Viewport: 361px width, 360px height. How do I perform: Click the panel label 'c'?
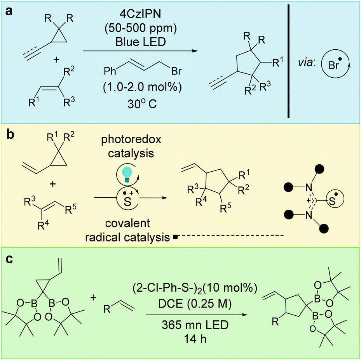pos(9,259)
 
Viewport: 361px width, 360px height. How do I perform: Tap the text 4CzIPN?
pos(140,14)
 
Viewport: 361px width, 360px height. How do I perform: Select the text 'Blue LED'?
pos(140,42)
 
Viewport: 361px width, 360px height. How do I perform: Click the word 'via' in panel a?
pos(306,63)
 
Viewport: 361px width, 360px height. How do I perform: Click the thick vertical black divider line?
pos(288,61)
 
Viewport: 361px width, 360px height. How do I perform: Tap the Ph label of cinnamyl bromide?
pos(110,71)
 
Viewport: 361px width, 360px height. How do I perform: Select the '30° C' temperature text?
pos(142,104)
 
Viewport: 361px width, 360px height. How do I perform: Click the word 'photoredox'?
pos(131,140)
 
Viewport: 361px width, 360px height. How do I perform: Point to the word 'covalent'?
pos(127,223)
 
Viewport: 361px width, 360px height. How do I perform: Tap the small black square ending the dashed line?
pos(175,237)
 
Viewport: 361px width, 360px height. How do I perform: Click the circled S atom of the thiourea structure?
pos(333,200)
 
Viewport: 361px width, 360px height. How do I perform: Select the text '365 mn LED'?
pos(195,325)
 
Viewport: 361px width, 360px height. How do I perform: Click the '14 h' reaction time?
pos(195,339)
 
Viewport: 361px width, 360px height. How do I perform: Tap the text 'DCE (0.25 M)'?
pos(195,304)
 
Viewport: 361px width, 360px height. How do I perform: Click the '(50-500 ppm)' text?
pos(140,28)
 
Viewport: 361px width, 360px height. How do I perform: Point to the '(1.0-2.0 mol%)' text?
pos(142,87)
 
